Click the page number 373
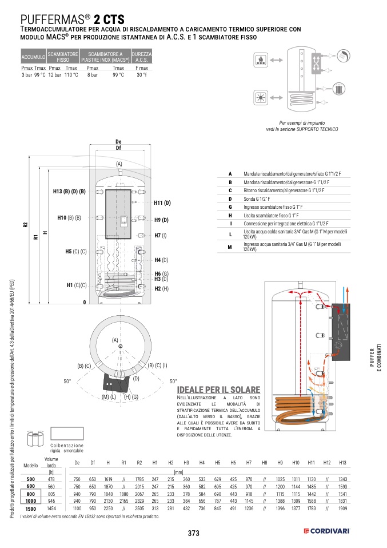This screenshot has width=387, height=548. (193, 533)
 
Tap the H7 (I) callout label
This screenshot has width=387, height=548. (160, 235)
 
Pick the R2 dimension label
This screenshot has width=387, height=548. (25, 225)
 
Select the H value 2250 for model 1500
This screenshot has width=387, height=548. (108, 508)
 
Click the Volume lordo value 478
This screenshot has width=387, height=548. (51, 478)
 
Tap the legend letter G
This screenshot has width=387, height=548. (230, 206)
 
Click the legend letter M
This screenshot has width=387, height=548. (230, 246)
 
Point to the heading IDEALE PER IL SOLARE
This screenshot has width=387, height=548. (218, 389)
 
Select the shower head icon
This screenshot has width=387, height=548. (341, 55)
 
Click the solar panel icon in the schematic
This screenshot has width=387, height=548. (260, 97)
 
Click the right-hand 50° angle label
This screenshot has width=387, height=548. (173, 381)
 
